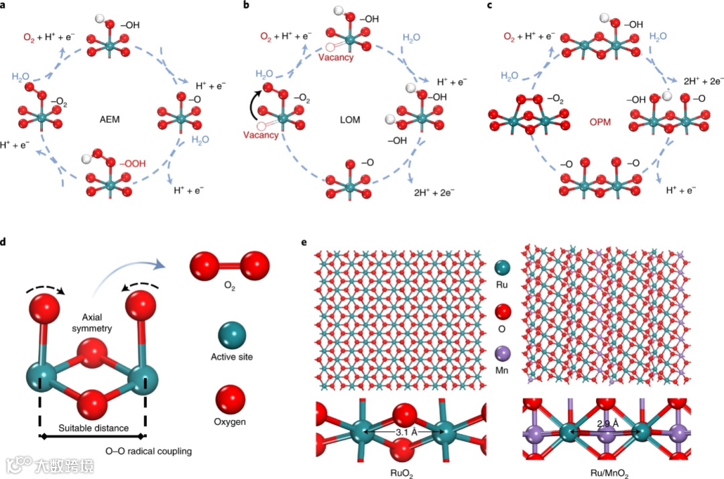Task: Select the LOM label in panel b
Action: point(349,120)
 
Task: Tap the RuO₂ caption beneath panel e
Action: point(402,472)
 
